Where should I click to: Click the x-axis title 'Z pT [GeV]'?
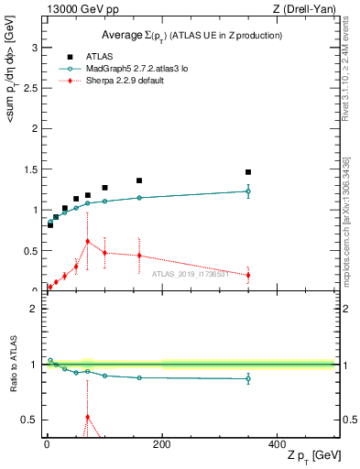click(x=309, y=455)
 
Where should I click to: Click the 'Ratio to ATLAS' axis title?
click(x=11, y=365)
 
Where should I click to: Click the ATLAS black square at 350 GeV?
click(x=247, y=172)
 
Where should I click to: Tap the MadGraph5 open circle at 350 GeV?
click(x=247, y=191)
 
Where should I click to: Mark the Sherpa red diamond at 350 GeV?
click(x=247, y=275)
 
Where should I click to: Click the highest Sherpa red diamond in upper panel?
click(x=87, y=241)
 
